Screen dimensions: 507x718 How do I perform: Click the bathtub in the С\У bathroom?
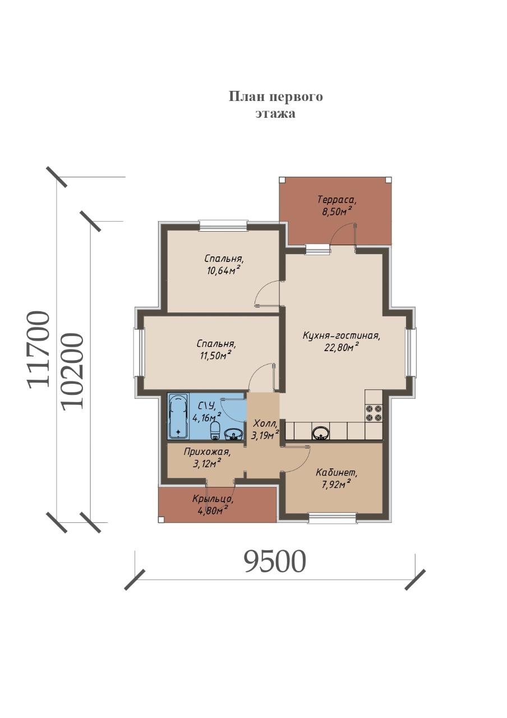(178, 416)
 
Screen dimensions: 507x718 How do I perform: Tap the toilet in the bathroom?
(215, 431)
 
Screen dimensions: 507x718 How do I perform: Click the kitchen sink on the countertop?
(320, 434)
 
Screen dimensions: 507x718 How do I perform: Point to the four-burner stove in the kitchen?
(374, 413)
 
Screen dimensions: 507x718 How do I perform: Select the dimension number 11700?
(39, 349)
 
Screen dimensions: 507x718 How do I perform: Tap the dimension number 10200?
(72, 371)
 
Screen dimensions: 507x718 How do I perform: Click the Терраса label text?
(337, 200)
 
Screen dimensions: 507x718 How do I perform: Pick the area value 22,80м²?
(341, 347)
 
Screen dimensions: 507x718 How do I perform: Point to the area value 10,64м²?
(223, 270)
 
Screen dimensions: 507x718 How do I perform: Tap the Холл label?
(265, 424)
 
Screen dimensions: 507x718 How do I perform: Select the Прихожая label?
(207, 452)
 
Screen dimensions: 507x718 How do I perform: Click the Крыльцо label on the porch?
(213, 499)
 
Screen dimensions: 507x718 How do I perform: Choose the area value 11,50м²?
(215, 356)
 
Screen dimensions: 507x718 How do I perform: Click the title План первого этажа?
(275, 104)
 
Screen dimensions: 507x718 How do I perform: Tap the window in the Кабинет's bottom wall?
(333, 518)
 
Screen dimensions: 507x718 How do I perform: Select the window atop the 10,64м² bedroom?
(223, 225)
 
